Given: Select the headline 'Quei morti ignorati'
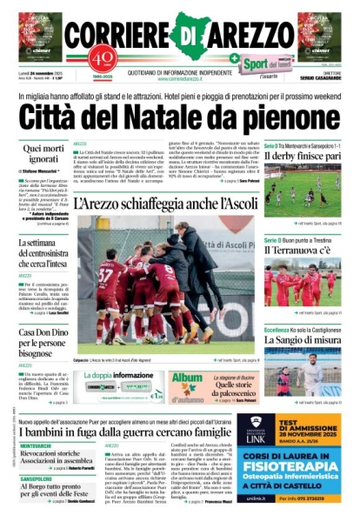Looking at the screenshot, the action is [x=35, y=156].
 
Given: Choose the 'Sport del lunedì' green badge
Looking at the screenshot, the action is [x=266, y=64].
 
